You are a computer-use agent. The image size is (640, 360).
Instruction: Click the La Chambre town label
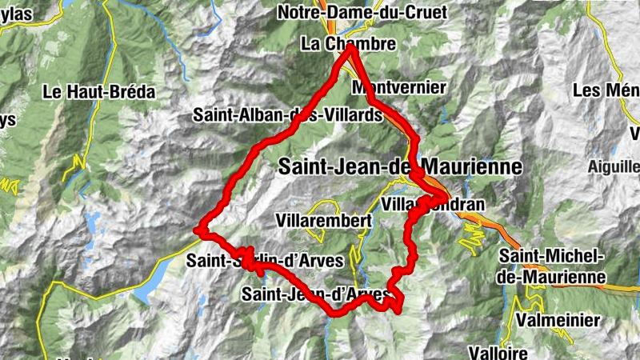click(348, 44)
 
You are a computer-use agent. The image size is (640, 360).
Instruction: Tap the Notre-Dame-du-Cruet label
click(362, 12)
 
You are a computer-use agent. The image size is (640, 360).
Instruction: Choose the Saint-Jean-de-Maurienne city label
click(400, 166)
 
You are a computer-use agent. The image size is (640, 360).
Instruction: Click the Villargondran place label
click(433, 205)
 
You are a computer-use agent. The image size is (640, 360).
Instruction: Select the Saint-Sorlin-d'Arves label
click(265, 260)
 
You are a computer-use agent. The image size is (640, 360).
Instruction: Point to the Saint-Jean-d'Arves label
click(319, 294)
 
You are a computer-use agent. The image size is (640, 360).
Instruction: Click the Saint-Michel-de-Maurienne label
click(551, 266)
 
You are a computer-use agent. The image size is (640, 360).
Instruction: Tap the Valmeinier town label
click(558, 320)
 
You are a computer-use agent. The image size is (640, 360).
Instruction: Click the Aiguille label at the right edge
click(613, 166)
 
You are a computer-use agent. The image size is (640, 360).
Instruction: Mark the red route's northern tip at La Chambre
click(350, 48)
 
